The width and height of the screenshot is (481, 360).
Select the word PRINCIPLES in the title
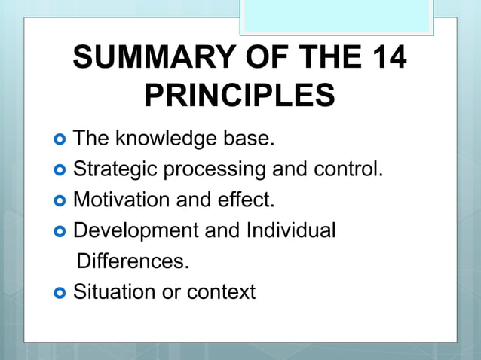tap(240, 96)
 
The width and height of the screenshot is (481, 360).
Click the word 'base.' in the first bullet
tap(249, 139)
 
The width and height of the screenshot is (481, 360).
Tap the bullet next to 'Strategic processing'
tap(60, 170)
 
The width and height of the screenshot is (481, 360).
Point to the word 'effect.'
tap(248, 200)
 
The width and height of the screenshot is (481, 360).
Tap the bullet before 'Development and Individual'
tap(60, 231)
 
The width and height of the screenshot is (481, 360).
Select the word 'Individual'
tap(290, 230)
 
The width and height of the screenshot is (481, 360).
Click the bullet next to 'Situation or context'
tap(60, 292)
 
